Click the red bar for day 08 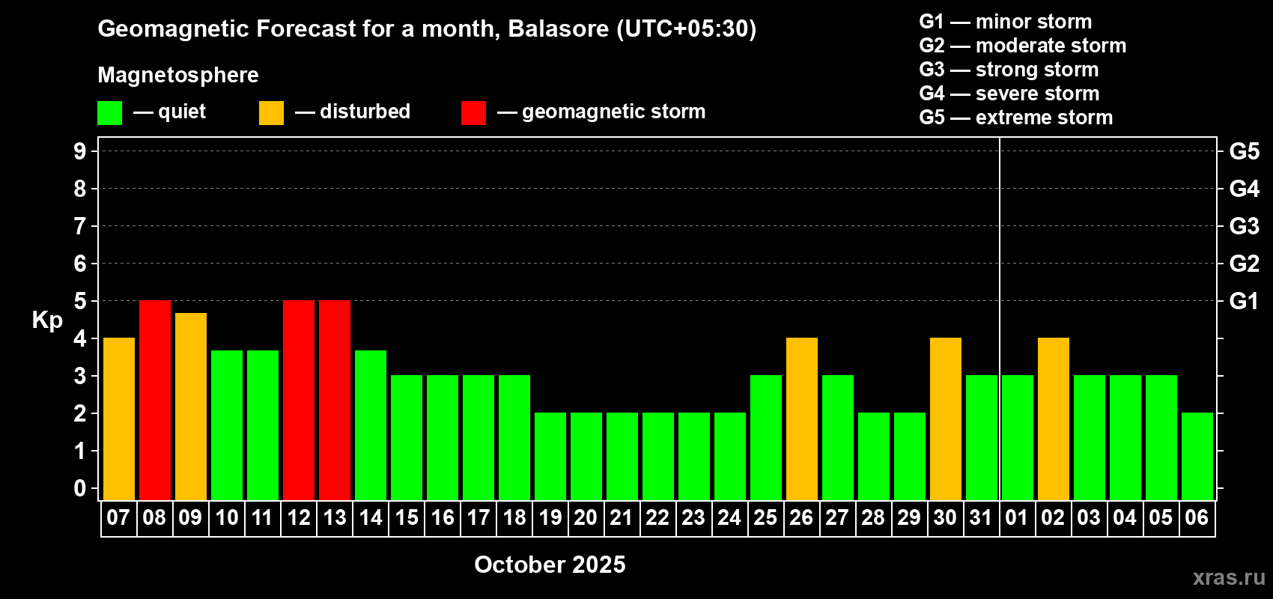click(x=154, y=400)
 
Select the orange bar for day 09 click(x=191, y=407)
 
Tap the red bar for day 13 click(x=335, y=400)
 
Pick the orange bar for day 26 click(x=802, y=419)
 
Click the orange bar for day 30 click(x=946, y=419)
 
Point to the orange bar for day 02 click(x=1054, y=419)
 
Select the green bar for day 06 click(x=1197, y=456)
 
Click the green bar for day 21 click(x=622, y=456)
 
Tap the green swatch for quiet click(x=109, y=112)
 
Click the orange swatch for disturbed click(x=271, y=112)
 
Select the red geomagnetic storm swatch click(x=473, y=112)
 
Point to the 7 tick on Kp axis click(x=79, y=226)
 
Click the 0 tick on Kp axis click(x=79, y=488)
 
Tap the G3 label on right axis click(x=1245, y=226)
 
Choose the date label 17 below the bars click(x=478, y=517)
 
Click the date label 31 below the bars click(x=981, y=517)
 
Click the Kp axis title click(x=47, y=320)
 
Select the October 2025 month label click(x=550, y=565)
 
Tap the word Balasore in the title click(x=558, y=29)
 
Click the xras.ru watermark click(x=1229, y=577)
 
